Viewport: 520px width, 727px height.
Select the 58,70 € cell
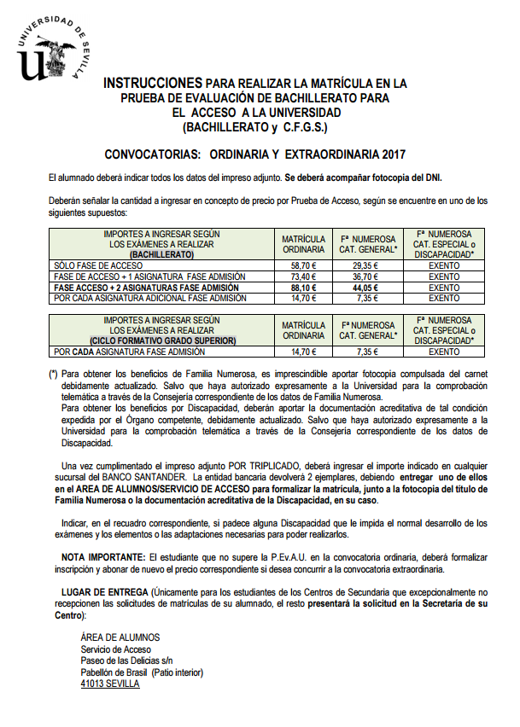(x=303, y=266)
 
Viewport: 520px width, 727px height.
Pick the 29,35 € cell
(x=366, y=266)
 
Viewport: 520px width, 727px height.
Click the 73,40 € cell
(x=303, y=277)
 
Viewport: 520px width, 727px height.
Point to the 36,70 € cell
(x=366, y=277)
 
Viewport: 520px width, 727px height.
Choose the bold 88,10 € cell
(x=303, y=288)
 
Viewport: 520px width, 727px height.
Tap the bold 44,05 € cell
(x=366, y=288)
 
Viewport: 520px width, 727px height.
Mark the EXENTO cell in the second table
(x=444, y=352)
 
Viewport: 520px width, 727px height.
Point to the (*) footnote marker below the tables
(x=54, y=374)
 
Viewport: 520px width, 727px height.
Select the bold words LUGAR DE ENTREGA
(x=105, y=591)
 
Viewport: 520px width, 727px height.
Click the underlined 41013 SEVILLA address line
(x=109, y=684)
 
